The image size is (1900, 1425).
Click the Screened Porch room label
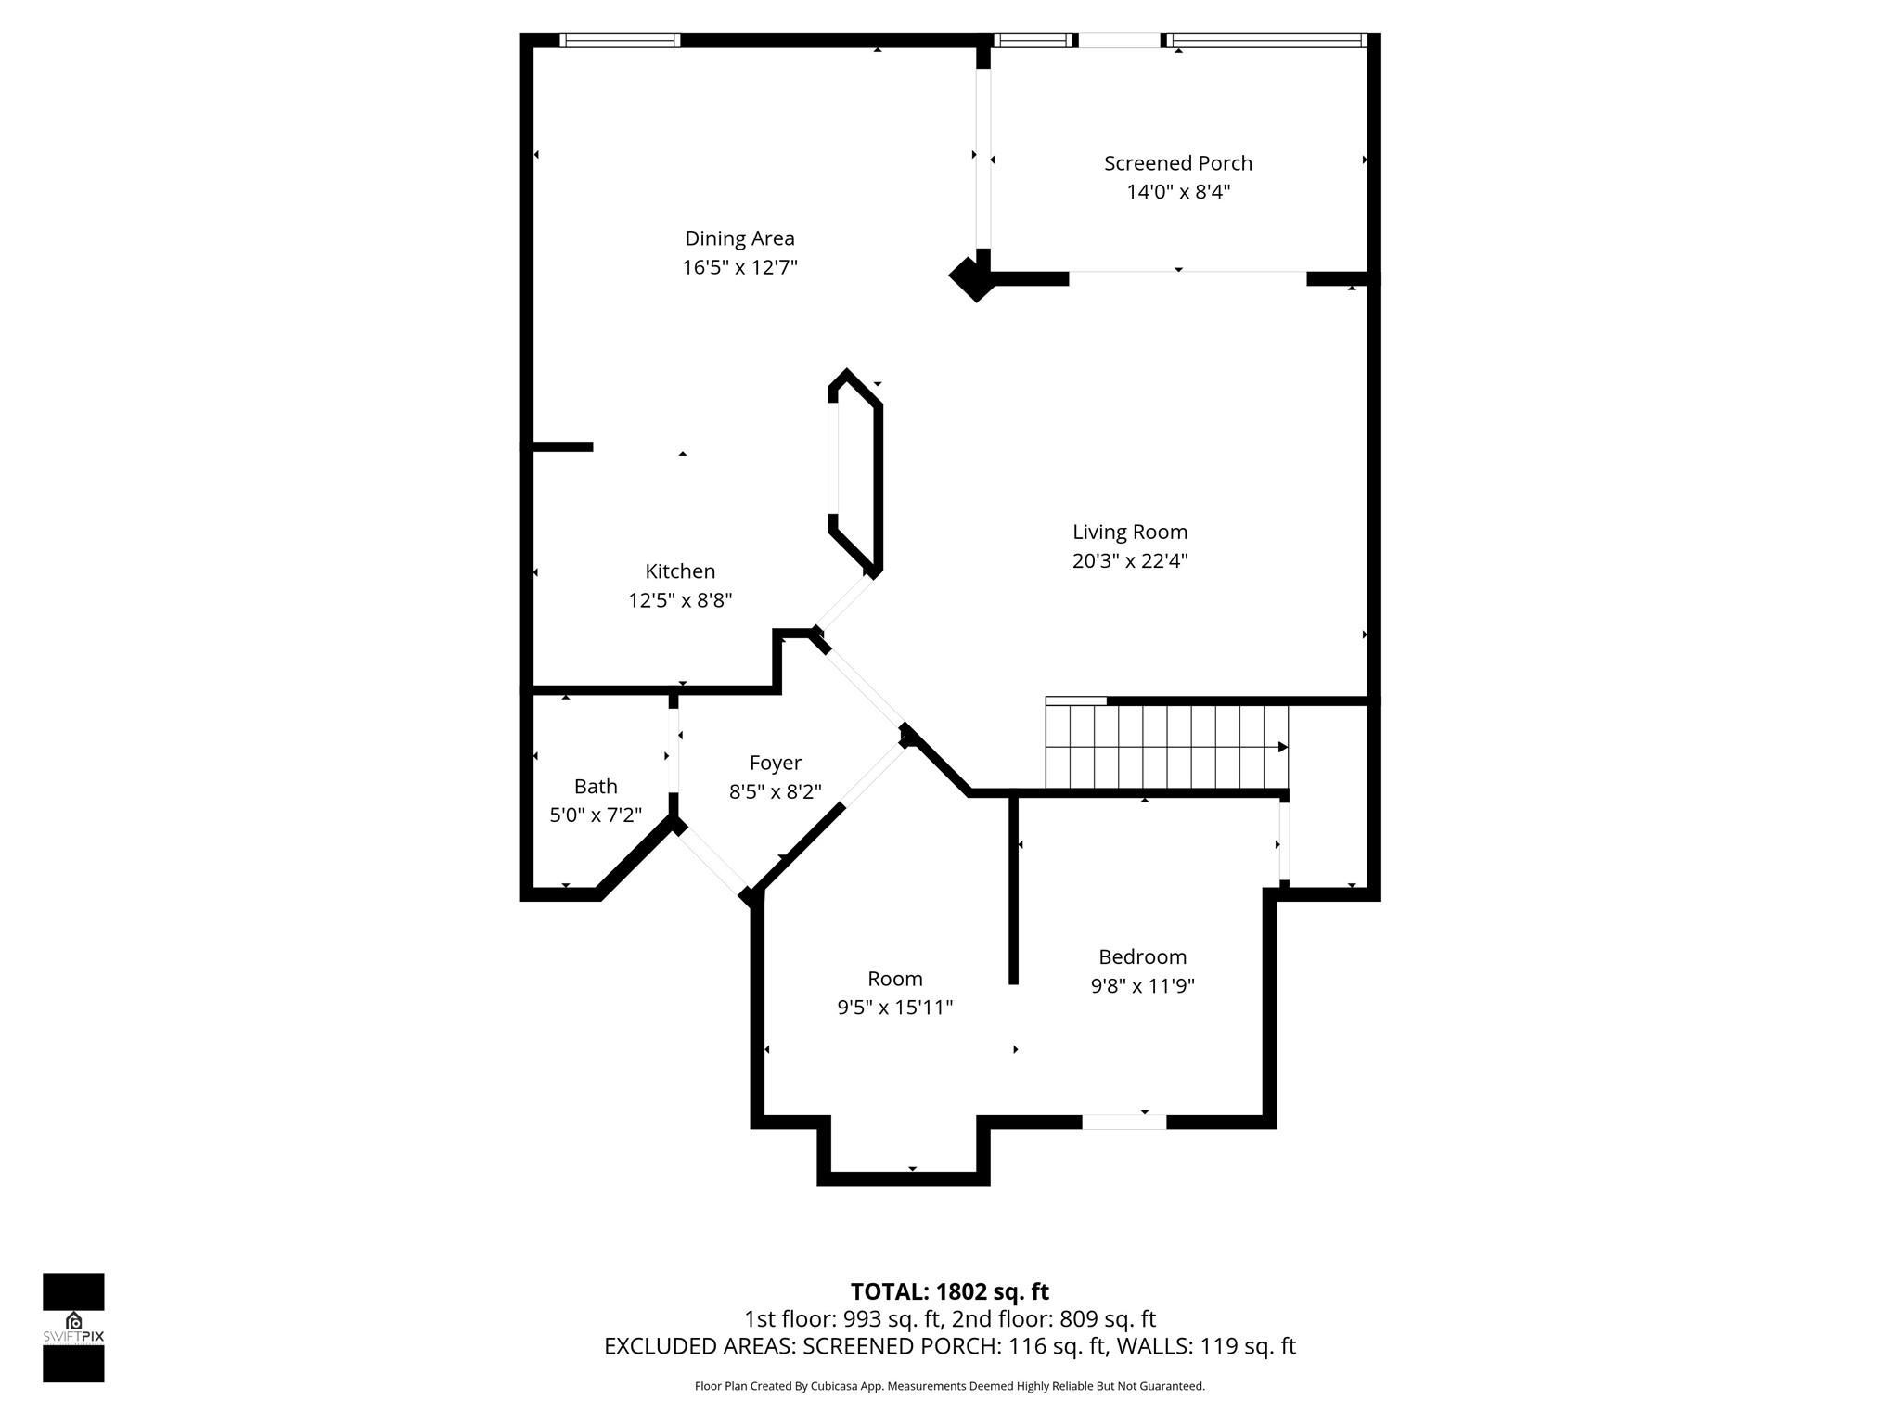(x=1177, y=163)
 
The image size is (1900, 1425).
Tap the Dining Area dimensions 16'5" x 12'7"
(x=739, y=268)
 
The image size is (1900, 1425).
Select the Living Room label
(x=1129, y=532)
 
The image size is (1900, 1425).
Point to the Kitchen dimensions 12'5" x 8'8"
(x=680, y=600)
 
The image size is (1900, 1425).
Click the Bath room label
(x=596, y=787)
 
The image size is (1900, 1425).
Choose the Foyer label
(x=775, y=763)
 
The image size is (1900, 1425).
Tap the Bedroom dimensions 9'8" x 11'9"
(x=1142, y=985)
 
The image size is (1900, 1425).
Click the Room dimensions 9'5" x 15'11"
(x=894, y=1008)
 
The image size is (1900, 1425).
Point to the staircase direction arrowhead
(x=1282, y=747)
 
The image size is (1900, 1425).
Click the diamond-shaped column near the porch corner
(x=971, y=276)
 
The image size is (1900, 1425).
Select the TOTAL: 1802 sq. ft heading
(x=949, y=1291)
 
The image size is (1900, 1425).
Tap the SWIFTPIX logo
(x=73, y=1327)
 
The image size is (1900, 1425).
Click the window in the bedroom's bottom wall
(x=1123, y=1122)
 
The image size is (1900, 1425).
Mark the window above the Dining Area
(x=620, y=41)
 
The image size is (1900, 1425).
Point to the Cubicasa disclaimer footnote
(x=949, y=1386)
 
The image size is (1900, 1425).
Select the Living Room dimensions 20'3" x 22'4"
(x=1129, y=560)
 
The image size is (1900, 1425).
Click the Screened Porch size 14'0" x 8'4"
(x=1177, y=192)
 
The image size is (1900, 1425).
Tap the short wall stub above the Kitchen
(x=561, y=446)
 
